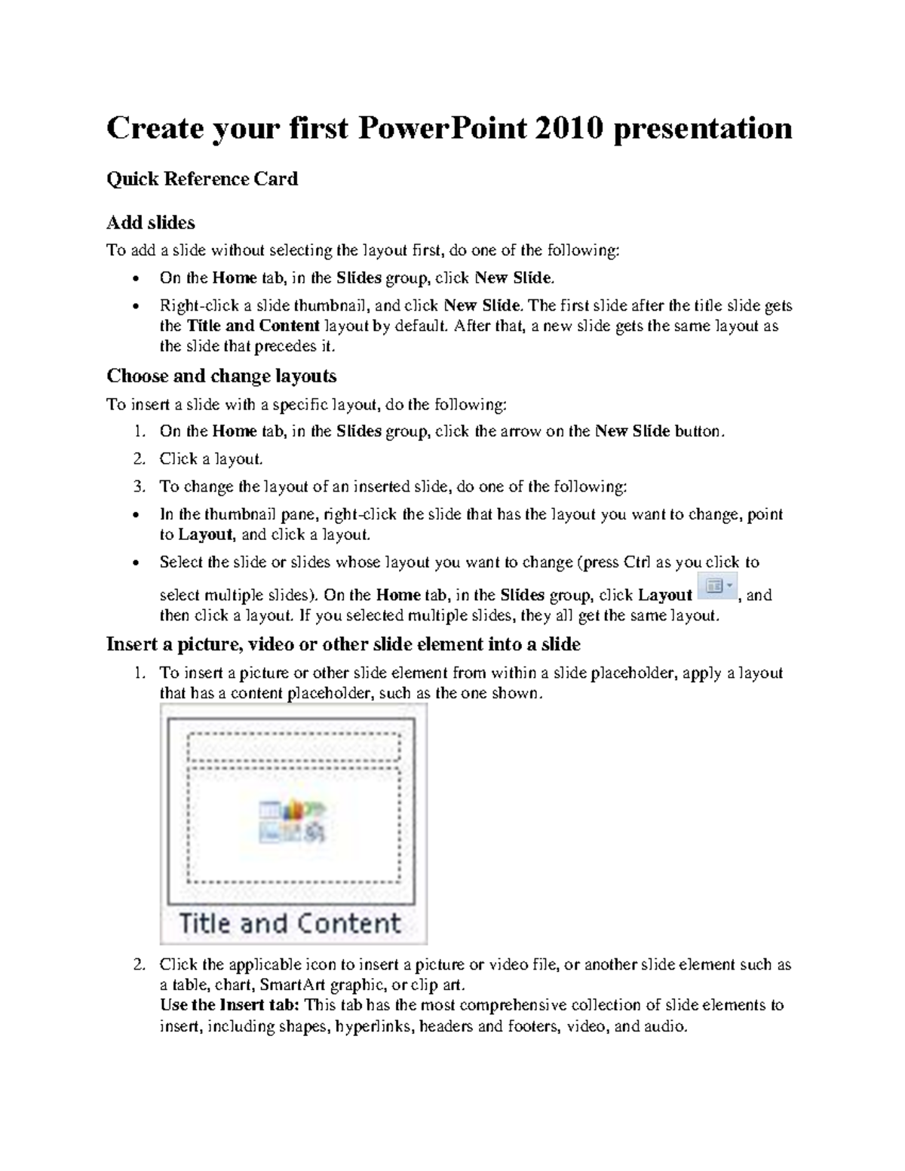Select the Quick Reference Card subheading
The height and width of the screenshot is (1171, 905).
pyautogui.click(x=202, y=179)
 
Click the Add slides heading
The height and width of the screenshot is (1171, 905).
pyautogui.click(x=151, y=222)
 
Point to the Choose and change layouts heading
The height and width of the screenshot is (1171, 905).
pyautogui.click(x=221, y=376)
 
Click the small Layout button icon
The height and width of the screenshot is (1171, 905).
pyautogui.click(x=717, y=586)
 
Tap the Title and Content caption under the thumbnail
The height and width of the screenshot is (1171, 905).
pyautogui.click(x=290, y=924)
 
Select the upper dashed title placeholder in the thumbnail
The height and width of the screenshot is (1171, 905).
pyautogui.click(x=293, y=747)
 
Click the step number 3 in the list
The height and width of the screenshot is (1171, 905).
pyautogui.click(x=139, y=487)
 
